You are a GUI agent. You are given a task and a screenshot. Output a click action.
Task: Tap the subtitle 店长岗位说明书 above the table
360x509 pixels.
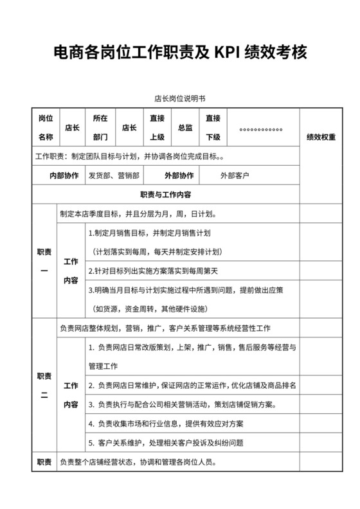pos(179,99)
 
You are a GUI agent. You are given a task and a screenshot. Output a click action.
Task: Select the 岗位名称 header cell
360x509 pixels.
pos(45,127)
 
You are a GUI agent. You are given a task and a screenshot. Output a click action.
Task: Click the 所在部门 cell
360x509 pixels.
pos(100,127)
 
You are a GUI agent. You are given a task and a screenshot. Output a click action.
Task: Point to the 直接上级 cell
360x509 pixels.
pos(157,127)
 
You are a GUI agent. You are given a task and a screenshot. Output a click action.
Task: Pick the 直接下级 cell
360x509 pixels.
pos(213,127)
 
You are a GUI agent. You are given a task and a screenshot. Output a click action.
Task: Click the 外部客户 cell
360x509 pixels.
pos(235,175)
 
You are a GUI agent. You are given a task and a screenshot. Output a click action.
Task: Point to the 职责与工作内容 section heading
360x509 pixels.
pos(165,194)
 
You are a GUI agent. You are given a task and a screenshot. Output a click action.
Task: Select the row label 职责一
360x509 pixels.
pos(44,261)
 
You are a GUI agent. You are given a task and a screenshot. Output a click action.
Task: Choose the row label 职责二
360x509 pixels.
pos(44,385)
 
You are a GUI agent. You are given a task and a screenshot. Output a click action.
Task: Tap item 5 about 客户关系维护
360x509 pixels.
pos(165,443)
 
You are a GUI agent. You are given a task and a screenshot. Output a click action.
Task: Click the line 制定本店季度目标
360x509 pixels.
pos(138,214)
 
